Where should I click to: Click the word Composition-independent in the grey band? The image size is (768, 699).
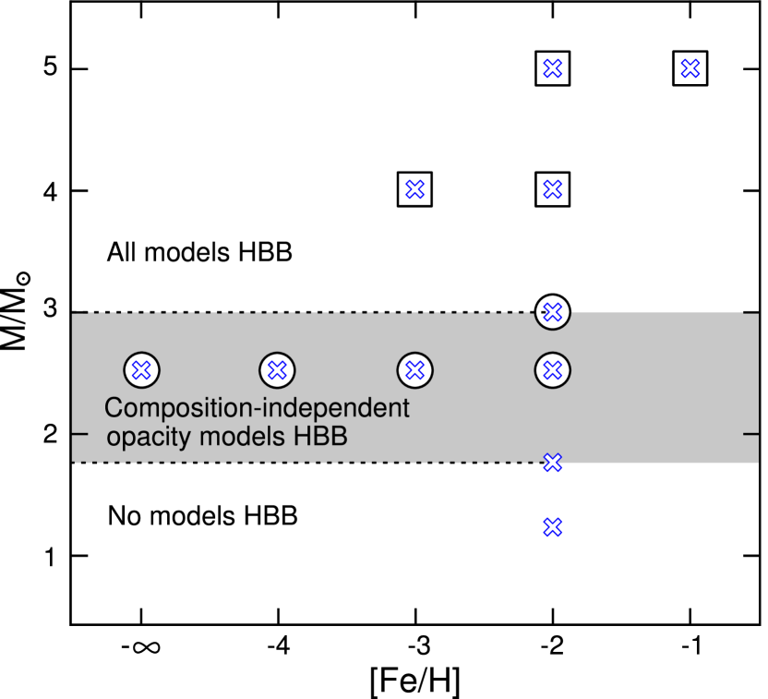click(x=257, y=407)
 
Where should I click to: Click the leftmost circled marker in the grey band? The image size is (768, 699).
click(x=141, y=370)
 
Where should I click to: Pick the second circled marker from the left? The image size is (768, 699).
click(x=277, y=370)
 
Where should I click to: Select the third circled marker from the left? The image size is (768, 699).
click(x=415, y=370)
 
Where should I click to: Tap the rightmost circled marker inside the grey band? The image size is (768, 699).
click(x=552, y=370)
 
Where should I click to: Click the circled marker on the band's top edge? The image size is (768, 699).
click(x=552, y=312)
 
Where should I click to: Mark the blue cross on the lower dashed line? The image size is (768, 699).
click(x=552, y=462)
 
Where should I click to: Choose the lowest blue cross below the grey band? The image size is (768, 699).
click(x=552, y=527)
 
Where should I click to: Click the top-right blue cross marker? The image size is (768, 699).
click(x=690, y=68)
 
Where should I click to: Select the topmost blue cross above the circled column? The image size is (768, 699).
click(x=552, y=68)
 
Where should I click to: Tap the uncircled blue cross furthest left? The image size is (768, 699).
click(x=415, y=189)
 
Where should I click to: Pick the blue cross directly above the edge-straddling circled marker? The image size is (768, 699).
click(x=552, y=189)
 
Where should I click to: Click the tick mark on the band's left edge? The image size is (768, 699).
click(x=79, y=432)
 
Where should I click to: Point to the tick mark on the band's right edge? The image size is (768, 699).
click(x=750, y=432)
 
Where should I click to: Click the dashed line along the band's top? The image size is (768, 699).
click(x=305, y=313)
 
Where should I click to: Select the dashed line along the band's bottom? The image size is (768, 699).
click(x=305, y=463)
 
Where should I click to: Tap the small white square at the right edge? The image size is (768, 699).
click(x=763, y=633)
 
